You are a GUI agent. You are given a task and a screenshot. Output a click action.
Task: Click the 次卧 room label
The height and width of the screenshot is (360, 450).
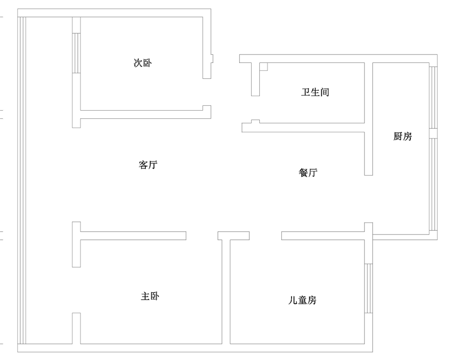click(143, 63)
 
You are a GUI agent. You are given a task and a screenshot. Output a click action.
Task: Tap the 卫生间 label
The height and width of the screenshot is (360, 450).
click(315, 92)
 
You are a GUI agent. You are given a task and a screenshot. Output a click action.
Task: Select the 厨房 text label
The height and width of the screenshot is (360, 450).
click(402, 136)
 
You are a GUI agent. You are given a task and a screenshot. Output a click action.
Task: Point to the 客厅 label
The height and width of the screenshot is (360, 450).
click(148, 165)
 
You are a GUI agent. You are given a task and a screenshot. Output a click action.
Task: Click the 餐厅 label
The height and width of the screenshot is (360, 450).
click(308, 172)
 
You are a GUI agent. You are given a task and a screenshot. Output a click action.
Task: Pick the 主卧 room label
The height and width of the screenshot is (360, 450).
click(150, 296)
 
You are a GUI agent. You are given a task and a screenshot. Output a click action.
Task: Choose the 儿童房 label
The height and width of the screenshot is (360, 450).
click(302, 300)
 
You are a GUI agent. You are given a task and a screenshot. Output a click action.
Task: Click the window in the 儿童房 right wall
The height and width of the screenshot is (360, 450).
click(369, 288)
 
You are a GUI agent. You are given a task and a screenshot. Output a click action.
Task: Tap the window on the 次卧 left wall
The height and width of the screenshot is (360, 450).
click(76, 53)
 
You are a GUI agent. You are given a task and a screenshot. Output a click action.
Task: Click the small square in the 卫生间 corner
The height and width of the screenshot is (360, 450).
click(263, 67)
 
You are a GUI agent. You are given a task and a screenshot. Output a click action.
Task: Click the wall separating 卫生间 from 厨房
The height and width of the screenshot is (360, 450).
click(369, 119)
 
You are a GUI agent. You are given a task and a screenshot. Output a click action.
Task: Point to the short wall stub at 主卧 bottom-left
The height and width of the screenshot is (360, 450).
click(76, 328)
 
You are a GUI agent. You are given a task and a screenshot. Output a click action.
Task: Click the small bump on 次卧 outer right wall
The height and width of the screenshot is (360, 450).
click(212, 58)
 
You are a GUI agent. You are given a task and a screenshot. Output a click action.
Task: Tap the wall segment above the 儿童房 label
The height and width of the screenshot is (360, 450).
click(323, 236)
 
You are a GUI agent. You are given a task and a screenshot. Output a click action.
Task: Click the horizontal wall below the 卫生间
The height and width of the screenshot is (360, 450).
click(303, 127)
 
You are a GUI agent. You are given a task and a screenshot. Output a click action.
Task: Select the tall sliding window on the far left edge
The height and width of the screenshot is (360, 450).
click(22, 180)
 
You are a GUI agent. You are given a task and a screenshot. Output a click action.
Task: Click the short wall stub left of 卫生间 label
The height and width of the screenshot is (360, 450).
click(256, 79)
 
